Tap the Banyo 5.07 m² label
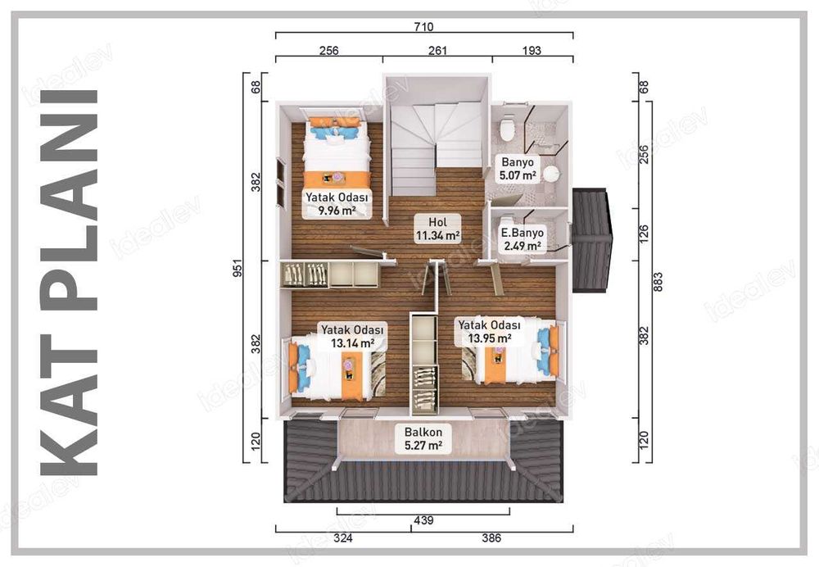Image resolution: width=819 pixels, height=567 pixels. click(x=518, y=168)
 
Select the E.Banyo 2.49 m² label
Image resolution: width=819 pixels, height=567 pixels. click(x=522, y=238)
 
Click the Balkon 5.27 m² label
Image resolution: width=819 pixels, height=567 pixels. click(x=423, y=439)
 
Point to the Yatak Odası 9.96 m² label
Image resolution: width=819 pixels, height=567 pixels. click(x=337, y=203)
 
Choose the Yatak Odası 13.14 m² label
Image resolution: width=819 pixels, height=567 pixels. click(x=353, y=336)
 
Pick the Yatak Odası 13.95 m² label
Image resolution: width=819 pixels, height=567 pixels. click(x=489, y=330)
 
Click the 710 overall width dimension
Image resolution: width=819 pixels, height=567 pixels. click(x=423, y=27)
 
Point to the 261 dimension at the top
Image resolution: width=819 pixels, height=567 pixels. click(x=437, y=51)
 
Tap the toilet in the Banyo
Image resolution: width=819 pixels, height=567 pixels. click(x=507, y=127)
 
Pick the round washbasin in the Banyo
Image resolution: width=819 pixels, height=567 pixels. click(x=551, y=173)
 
